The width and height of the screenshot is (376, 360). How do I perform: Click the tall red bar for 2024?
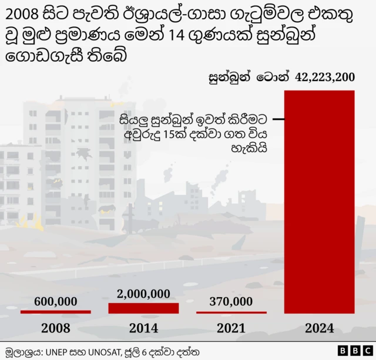319,202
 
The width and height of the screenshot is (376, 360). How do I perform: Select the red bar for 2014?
143,308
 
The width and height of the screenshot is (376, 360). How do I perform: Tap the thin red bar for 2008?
55,312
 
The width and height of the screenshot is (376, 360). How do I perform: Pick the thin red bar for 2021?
231,312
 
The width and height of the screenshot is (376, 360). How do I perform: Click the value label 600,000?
56,301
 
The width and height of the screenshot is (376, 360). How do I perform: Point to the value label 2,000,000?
143,294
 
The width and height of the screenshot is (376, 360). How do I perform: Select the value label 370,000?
231,301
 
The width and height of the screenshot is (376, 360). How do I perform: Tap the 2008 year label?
56,328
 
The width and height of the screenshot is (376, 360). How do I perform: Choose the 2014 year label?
143,328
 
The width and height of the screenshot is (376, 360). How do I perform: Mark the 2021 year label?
231,328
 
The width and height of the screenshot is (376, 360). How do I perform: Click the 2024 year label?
319,328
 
